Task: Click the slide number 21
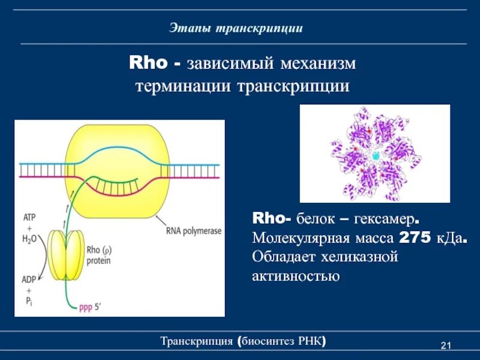click(445, 345)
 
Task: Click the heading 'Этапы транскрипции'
click(235, 28)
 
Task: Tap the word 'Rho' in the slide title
click(145, 62)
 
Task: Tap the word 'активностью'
click(296, 277)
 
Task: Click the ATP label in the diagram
click(30, 217)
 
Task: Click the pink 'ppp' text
click(86, 308)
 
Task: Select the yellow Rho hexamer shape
click(64, 255)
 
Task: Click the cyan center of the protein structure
click(375, 155)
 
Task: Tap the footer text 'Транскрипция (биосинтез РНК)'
click(244, 342)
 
